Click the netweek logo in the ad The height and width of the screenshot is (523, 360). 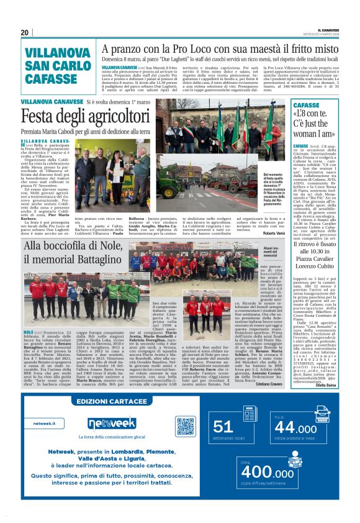point(112,423)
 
